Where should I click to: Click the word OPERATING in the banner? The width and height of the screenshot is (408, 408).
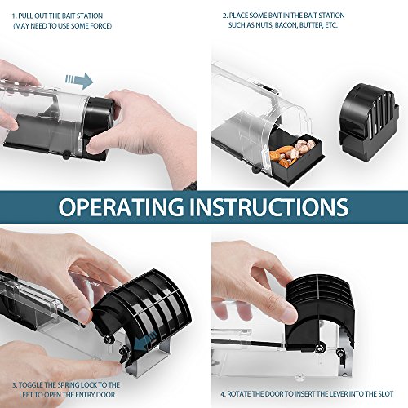[121, 206]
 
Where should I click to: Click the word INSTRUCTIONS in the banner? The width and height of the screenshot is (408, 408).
[268, 206]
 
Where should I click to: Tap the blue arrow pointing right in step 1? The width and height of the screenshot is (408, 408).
[79, 81]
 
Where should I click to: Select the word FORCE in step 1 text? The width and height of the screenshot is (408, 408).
[100, 26]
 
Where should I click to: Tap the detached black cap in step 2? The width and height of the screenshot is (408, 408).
[369, 122]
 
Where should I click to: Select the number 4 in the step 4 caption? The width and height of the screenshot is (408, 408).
[223, 394]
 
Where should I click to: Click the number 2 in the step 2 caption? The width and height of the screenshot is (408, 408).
[225, 16]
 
